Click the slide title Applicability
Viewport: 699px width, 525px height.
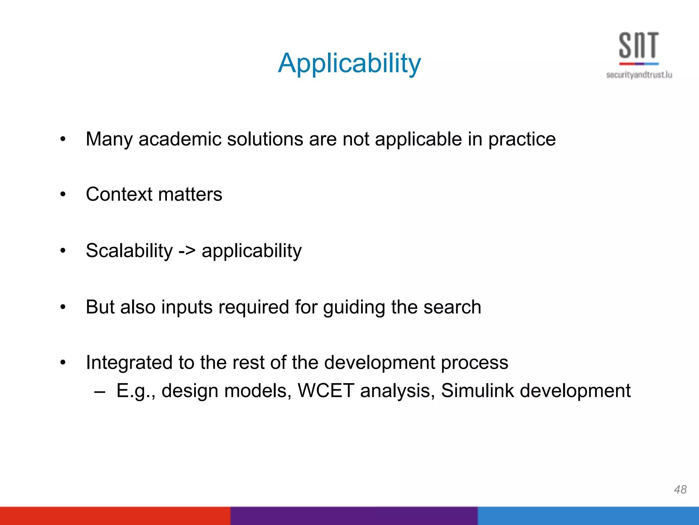349,64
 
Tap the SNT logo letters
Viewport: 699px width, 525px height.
639,45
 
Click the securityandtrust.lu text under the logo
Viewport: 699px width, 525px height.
639,75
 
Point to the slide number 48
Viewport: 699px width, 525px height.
680,489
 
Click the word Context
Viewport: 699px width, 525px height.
119,194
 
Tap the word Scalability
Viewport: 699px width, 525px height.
129,251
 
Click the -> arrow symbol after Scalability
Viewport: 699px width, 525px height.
187,251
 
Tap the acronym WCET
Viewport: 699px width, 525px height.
326,391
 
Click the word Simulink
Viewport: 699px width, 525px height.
477,391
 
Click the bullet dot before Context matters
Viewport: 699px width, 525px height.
63,194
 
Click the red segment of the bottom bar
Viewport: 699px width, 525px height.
115,516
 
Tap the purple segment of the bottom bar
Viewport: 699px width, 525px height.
354,516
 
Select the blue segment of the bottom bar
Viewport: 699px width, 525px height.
588,516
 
